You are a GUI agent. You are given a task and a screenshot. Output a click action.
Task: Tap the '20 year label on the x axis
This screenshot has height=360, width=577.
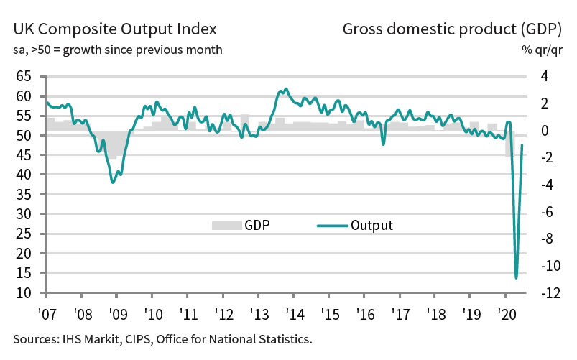point(506,313)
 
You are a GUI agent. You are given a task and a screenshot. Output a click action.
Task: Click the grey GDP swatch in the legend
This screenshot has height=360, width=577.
point(225,226)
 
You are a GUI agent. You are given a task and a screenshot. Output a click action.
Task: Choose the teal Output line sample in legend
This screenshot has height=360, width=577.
point(331,226)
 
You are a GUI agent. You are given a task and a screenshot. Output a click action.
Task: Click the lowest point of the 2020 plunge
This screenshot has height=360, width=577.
point(516,277)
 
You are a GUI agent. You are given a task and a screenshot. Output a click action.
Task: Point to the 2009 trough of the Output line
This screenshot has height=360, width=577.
point(113,183)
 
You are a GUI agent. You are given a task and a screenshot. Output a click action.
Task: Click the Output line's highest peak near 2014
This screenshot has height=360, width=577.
point(286,89)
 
